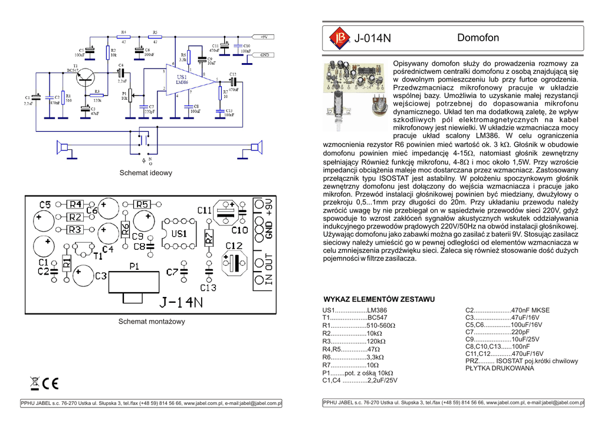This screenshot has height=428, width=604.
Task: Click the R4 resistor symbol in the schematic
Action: tap(124, 36)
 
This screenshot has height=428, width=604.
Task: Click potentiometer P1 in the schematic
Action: tap(131, 93)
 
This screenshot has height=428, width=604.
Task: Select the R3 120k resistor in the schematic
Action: tap(97, 95)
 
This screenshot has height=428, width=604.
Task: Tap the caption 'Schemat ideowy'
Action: tap(146, 173)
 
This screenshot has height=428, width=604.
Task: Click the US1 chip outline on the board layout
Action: tap(178, 234)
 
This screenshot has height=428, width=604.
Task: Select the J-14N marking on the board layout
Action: tap(180, 302)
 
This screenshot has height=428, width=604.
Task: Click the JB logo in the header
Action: tap(339, 38)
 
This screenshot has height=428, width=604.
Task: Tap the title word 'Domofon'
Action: tap(478, 38)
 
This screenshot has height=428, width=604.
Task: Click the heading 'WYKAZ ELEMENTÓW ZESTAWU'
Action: tap(379, 299)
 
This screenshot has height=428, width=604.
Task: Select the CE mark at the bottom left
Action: tap(50, 383)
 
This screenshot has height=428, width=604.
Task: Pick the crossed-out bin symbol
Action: tap(35, 383)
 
